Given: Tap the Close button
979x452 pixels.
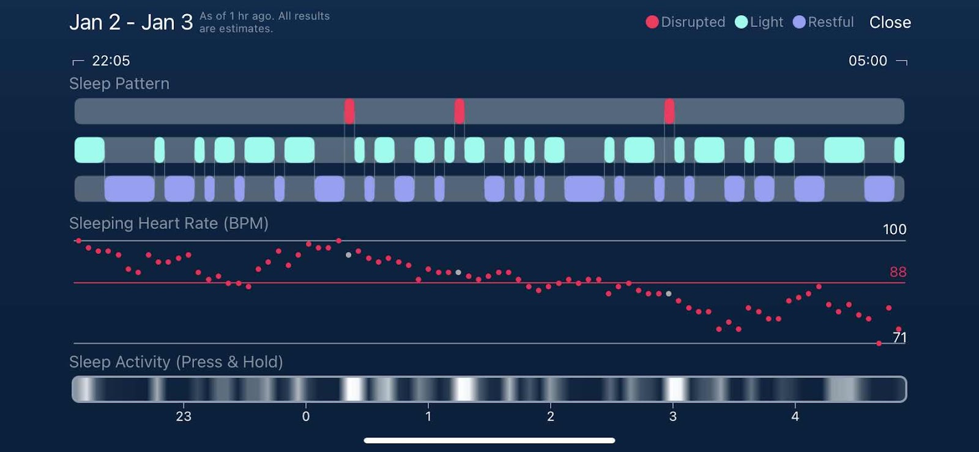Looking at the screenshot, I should click(x=890, y=23).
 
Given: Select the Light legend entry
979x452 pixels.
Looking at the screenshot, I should click(x=759, y=22).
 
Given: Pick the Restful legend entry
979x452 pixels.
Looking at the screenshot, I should click(x=823, y=22).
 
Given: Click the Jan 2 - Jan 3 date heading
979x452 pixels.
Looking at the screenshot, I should click(x=131, y=23).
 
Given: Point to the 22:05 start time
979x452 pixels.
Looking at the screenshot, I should click(x=111, y=61).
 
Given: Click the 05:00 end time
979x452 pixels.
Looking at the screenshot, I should click(x=868, y=61).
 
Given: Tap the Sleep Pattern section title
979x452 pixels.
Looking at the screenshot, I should click(x=119, y=84).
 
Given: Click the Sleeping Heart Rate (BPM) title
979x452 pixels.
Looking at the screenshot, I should click(x=169, y=223).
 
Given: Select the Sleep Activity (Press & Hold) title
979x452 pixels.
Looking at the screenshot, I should click(x=176, y=362).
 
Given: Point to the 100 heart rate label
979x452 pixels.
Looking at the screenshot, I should click(x=894, y=229).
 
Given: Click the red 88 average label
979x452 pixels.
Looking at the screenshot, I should click(x=898, y=272).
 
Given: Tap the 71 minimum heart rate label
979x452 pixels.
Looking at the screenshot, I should click(x=899, y=337).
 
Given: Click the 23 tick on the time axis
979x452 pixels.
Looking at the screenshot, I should click(x=184, y=417).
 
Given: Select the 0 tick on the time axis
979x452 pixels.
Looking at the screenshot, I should click(x=306, y=417).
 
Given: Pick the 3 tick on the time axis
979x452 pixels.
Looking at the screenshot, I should click(x=673, y=417).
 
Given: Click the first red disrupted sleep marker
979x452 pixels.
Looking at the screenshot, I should click(x=349, y=111).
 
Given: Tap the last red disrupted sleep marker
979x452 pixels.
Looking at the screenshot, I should click(x=669, y=111).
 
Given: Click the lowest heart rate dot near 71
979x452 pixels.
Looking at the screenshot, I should click(x=879, y=344).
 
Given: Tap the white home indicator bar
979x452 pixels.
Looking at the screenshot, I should click(x=489, y=440).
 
